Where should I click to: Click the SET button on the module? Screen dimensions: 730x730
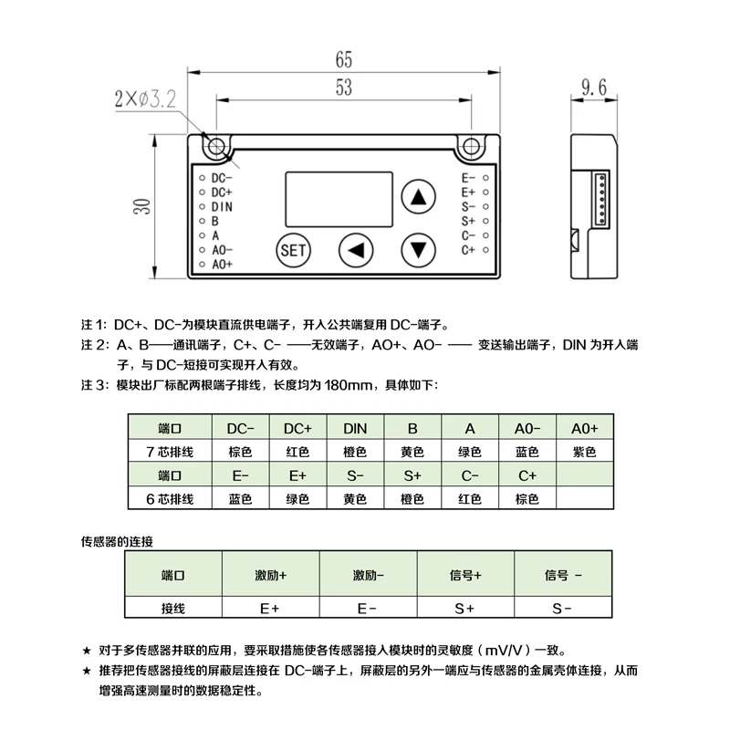coord(293,250)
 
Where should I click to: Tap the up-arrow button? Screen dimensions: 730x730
coord(418,196)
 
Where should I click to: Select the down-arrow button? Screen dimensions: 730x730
coord(418,250)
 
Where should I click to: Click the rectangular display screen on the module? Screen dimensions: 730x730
coord(339,199)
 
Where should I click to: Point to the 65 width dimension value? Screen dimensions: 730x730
coord(344,59)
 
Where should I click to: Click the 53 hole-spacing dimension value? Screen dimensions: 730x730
coord(344,87)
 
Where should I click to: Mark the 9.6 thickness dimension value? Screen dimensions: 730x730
coord(594,87)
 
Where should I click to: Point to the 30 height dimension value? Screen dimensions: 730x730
coord(142,206)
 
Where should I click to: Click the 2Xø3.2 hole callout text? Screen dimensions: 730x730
coord(145,99)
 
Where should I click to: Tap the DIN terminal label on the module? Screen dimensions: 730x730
coord(222,207)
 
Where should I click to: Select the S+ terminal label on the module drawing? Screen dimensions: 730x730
coord(468,221)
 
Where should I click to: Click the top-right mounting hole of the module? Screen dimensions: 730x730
coord(471,147)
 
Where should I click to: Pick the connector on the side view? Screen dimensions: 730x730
coord(600,199)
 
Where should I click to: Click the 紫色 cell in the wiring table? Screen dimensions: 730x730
coord(584,452)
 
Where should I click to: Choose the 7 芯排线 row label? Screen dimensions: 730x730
coord(170,452)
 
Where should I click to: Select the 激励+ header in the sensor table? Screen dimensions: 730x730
coord(270,576)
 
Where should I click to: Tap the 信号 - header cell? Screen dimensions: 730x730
coord(563,576)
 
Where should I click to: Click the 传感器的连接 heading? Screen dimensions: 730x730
coord(117,541)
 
